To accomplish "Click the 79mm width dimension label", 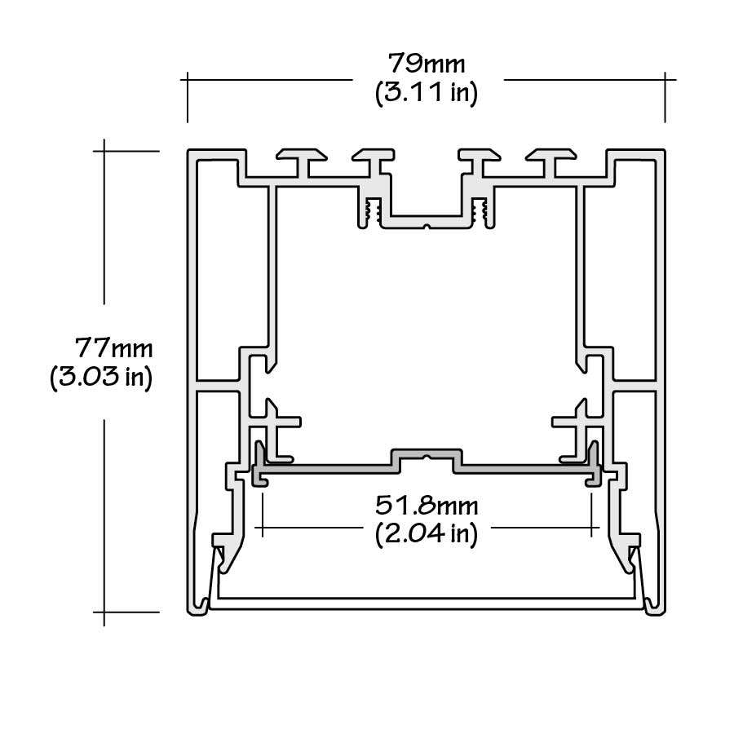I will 427,63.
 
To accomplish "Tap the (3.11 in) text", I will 427,93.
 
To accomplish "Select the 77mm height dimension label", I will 114,348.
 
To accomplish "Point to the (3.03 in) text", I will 101,378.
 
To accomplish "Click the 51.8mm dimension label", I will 427,506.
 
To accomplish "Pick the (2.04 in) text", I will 427,535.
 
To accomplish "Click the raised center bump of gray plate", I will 427,454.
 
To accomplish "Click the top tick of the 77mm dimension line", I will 104,151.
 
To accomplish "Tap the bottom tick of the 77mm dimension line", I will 104,612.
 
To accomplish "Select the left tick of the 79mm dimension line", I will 188,80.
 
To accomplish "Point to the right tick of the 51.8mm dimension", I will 593,528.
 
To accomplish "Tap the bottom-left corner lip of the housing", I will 199,608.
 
